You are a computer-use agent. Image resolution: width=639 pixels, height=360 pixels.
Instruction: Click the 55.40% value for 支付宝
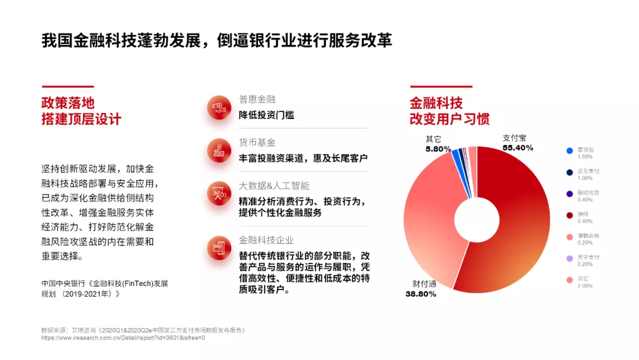[518, 147]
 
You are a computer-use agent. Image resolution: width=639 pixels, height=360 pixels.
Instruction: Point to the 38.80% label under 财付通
[421, 294]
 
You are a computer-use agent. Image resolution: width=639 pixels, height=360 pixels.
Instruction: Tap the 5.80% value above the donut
[438, 149]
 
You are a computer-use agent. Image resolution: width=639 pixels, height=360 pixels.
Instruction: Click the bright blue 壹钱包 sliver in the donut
[457, 156]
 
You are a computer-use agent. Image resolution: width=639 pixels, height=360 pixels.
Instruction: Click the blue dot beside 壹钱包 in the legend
[570, 151]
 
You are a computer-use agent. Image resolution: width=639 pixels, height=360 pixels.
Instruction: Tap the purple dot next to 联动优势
[570, 194]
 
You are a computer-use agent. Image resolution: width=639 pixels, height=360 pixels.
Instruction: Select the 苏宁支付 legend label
[588, 257]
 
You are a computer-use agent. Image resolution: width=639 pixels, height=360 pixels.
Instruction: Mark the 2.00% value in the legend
[585, 285]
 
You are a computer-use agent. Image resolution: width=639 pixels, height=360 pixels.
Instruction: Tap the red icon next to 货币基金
[219, 150]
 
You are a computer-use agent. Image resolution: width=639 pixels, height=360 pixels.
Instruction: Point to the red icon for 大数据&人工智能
[219, 194]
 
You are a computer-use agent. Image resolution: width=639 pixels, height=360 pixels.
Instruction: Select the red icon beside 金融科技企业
[219, 248]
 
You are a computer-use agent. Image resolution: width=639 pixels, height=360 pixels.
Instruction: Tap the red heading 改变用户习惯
[450, 119]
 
